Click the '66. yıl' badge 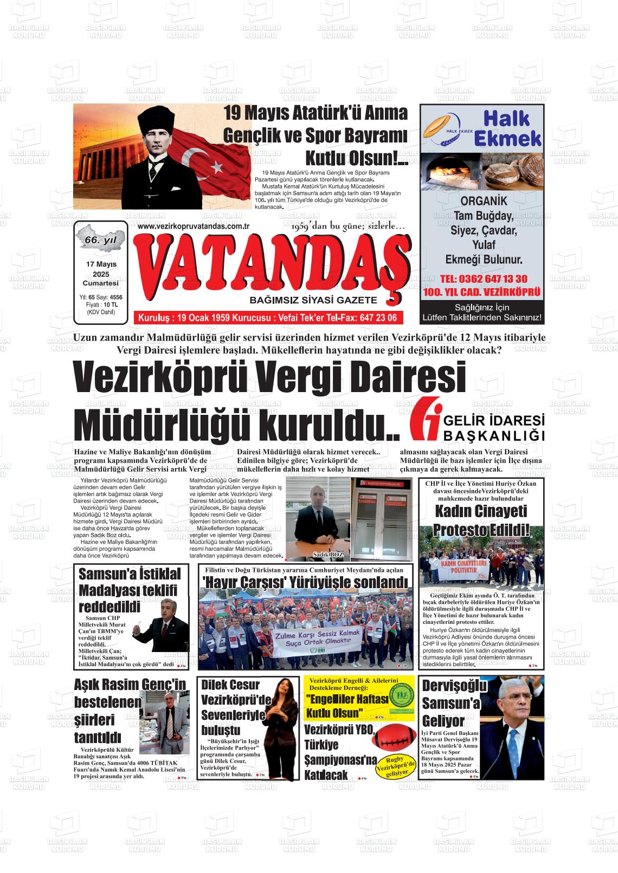tap(101, 240)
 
